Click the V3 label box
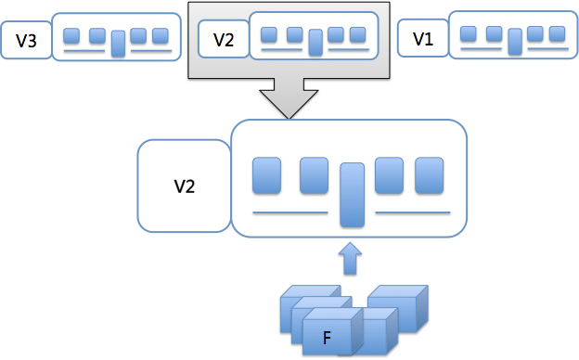coord(26,40)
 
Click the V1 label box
coord(423,38)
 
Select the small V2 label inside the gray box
coord(224,39)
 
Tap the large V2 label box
coord(185,186)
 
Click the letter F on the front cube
coord(327,338)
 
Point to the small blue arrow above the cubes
coord(350,259)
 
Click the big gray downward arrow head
coord(289,104)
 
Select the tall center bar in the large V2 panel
coord(353,195)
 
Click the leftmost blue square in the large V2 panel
coord(266,175)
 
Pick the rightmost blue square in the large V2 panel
coord(429,175)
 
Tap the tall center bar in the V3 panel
coord(118,44)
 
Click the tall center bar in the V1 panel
coord(515,42)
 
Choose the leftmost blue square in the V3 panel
coord(71,36)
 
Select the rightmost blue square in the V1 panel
coord(558,33)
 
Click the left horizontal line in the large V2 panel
coord(290,212)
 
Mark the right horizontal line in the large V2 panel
coord(413,212)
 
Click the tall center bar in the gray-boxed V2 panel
coord(315,43)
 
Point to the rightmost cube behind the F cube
coord(399,307)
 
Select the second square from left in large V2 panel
coord(314,175)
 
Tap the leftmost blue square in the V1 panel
coord(469,33)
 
